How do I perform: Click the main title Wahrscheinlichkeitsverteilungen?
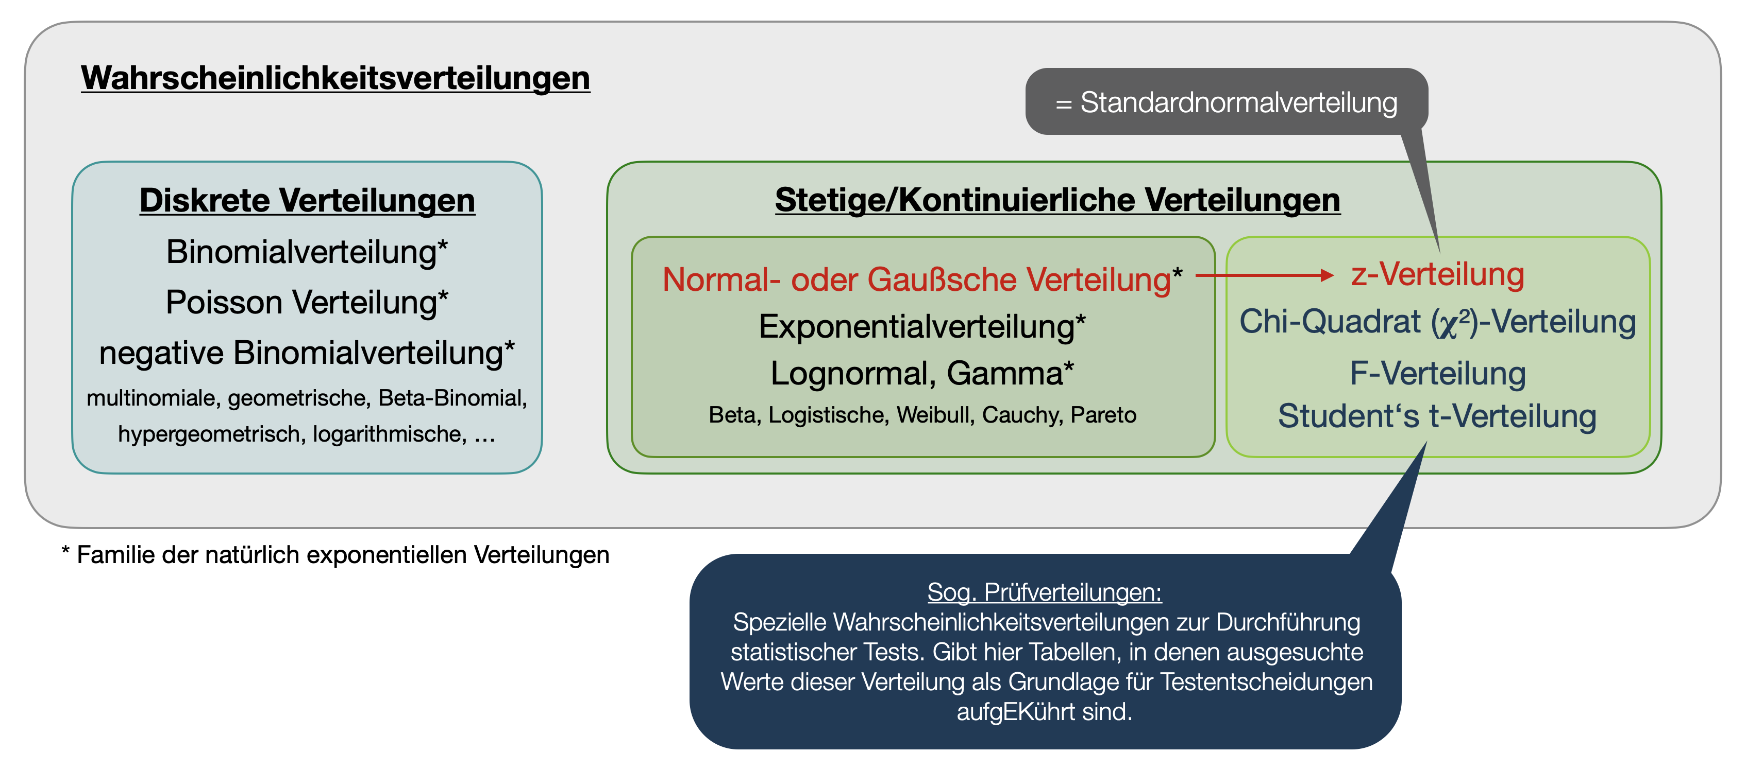tap(335, 78)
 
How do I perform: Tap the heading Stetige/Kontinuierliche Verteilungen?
tap(1057, 200)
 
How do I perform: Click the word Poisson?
tap(223, 302)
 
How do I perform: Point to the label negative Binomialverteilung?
tap(306, 353)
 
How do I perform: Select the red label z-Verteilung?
tap(1437, 274)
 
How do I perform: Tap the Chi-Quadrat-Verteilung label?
tap(1437, 322)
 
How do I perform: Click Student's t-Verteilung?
tap(1437, 416)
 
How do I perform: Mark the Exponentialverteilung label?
tap(922, 326)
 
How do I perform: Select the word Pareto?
tap(1103, 414)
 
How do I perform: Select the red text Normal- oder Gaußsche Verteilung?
tap(916, 279)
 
